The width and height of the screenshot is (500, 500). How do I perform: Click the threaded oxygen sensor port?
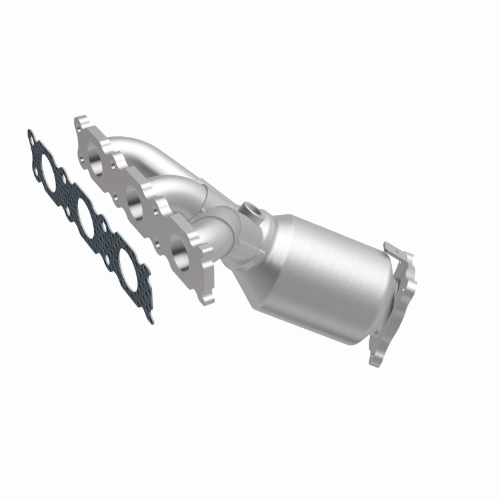[252, 210]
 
